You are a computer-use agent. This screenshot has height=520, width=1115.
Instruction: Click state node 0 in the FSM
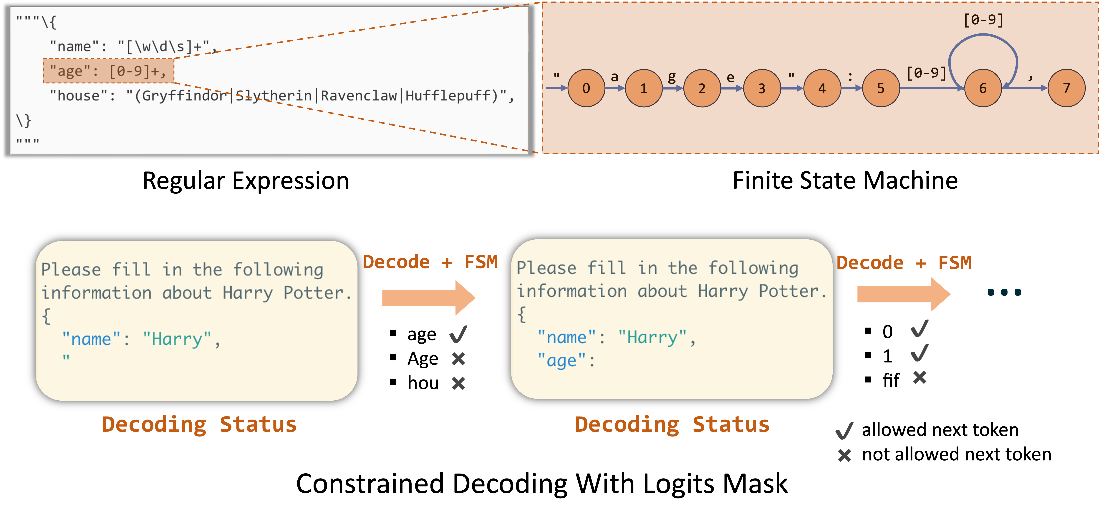point(586,88)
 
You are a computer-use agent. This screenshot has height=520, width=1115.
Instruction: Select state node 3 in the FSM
point(762,88)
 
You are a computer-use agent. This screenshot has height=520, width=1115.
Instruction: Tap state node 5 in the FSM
point(881,88)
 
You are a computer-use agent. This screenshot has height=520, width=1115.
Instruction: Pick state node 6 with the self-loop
point(983,88)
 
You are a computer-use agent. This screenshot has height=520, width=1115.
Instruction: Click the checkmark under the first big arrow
point(458,334)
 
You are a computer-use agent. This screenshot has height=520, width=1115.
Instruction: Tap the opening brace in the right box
point(522,315)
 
